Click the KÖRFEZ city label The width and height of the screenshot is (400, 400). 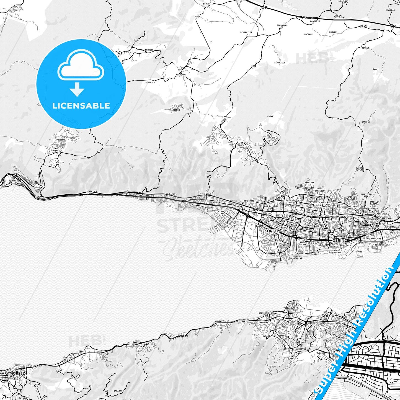pyautogui.click(x=272, y=231)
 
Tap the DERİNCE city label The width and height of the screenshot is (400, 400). pyautogui.click(x=341, y=241)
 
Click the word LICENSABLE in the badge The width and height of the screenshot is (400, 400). pyautogui.click(x=81, y=105)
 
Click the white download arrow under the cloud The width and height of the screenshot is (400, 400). pyautogui.click(x=77, y=89)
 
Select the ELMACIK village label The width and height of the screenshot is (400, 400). pyautogui.click(x=149, y=50)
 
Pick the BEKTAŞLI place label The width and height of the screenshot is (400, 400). pyautogui.click(x=150, y=82)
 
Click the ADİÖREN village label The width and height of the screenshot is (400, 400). pyautogui.click(x=176, y=110)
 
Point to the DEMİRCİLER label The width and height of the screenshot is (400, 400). pyautogui.click(x=246, y=32)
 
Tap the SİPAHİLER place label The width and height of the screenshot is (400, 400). pyautogui.click(x=282, y=25)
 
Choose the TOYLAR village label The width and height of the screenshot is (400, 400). pyautogui.click(x=365, y=48)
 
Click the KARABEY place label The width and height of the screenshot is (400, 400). pyautogui.click(x=365, y=122)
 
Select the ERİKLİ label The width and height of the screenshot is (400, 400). pyautogui.click(x=271, y=116)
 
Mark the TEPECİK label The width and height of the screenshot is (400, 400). pyautogui.click(x=13, y=10)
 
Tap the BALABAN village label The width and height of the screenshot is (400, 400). pyautogui.click(x=118, y=391)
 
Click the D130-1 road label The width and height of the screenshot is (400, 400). pyautogui.click(x=183, y=336)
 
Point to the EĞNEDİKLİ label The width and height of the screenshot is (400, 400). pyautogui.click(x=280, y=63)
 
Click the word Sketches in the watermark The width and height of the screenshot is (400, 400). pyautogui.click(x=198, y=249)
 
